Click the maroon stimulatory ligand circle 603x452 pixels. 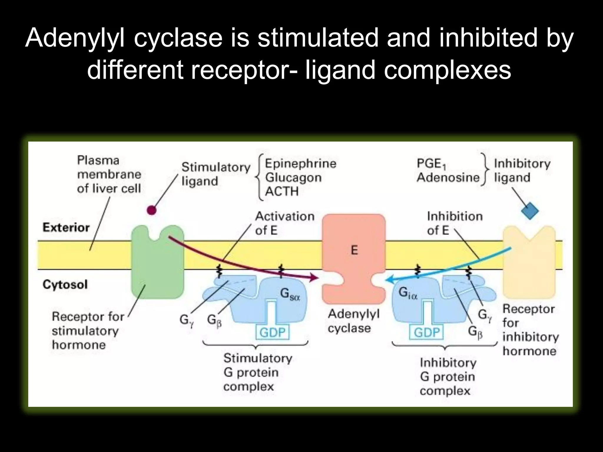tap(151, 210)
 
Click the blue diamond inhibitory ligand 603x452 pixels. tap(530, 211)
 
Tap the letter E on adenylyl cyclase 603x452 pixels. tap(354, 250)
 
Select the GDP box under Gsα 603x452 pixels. tap(272, 333)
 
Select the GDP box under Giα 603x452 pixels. tap(427, 333)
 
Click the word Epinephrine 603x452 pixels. tap(300, 163)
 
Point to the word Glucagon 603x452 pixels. tap(293, 177)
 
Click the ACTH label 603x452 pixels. tap(282, 192)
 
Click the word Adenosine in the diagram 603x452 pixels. tap(448, 177)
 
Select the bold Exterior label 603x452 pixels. tap(66, 227)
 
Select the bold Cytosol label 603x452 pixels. tap(65, 285)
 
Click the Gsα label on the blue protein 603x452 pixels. tap(290, 294)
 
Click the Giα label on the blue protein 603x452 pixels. tap(408, 293)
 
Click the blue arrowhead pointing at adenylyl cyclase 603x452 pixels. tap(389, 280)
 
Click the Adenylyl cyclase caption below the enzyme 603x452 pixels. tap(353, 321)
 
